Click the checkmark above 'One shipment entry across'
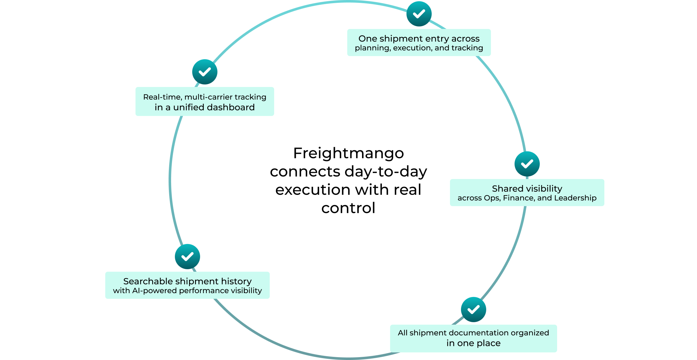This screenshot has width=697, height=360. click(x=419, y=14)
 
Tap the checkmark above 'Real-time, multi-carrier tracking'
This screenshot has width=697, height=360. click(x=205, y=72)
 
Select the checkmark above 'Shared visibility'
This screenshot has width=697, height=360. click(x=527, y=164)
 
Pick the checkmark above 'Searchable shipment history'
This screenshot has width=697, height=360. click(x=187, y=257)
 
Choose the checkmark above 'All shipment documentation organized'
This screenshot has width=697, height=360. click(x=473, y=310)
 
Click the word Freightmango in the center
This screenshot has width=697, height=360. click(x=348, y=153)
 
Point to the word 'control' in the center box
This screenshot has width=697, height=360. click(x=348, y=208)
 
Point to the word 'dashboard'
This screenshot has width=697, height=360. click(x=230, y=107)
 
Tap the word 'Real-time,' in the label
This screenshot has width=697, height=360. click(x=163, y=97)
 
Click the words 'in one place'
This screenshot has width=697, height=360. click(x=473, y=343)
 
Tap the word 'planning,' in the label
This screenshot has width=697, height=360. click(x=373, y=48)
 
